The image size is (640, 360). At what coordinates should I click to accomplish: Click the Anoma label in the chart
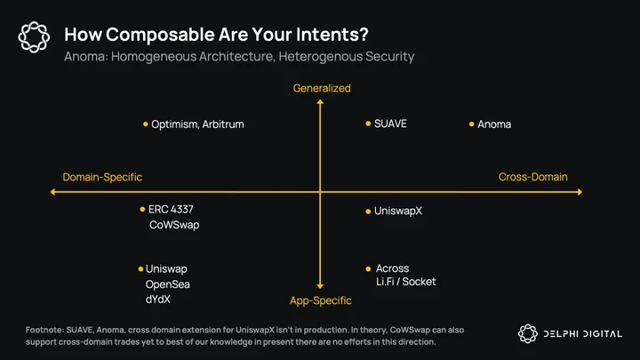pyautogui.click(x=494, y=124)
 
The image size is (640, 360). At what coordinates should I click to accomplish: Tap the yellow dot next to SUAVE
pyautogui.click(x=368, y=124)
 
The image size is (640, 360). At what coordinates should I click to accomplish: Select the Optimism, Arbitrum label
pyautogui.click(x=197, y=124)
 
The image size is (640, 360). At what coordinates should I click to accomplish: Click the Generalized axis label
pyautogui.click(x=322, y=88)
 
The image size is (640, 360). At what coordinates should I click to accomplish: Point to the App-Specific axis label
pyautogui.click(x=321, y=300)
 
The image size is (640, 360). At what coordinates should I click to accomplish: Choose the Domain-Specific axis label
pyautogui.click(x=102, y=177)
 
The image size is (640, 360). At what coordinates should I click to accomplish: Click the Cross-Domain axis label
pyautogui.click(x=532, y=177)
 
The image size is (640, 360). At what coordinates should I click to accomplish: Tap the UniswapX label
pyautogui.click(x=398, y=211)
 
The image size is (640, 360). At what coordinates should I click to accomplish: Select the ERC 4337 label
pyautogui.click(x=171, y=210)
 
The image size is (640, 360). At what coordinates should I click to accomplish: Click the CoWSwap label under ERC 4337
pyautogui.click(x=174, y=225)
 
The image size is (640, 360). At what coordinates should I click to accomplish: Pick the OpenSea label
pyautogui.click(x=167, y=284)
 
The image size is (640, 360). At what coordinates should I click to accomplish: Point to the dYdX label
pyautogui.click(x=158, y=300)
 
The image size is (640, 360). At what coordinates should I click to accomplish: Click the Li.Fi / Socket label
pyautogui.click(x=405, y=282)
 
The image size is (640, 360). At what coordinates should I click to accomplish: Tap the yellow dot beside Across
pyautogui.click(x=368, y=268)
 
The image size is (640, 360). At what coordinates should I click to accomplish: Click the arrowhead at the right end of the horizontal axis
pyautogui.click(x=580, y=192)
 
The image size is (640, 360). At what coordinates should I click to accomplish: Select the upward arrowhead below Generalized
pyautogui.click(x=320, y=102)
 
